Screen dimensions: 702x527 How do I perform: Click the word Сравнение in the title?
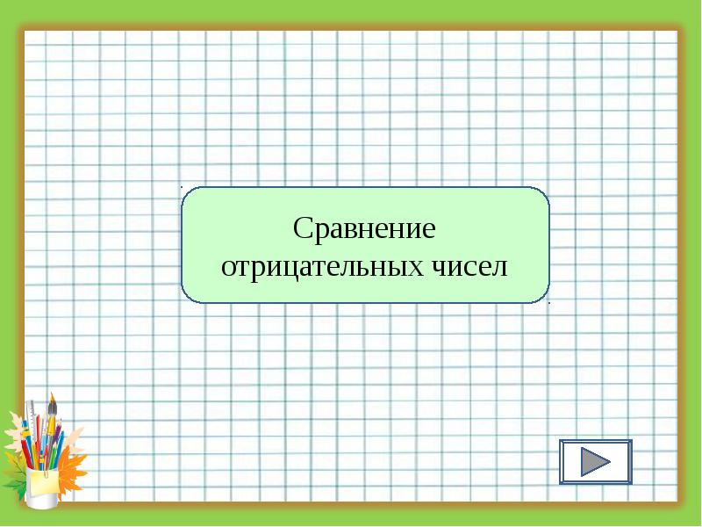click(364, 229)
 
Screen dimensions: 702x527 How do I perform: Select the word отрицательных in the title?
click(322, 267)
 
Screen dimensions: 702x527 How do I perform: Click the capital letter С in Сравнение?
click(303, 227)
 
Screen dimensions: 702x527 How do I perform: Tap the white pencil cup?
click(41, 488)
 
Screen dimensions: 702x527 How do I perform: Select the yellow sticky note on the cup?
click(43, 481)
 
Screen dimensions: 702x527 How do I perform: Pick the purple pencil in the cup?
click(57, 432)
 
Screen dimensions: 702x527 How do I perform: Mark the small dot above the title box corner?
click(182, 186)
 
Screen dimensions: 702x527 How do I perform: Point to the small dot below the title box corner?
click(550, 303)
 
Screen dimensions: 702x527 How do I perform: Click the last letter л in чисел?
click(500, 268)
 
